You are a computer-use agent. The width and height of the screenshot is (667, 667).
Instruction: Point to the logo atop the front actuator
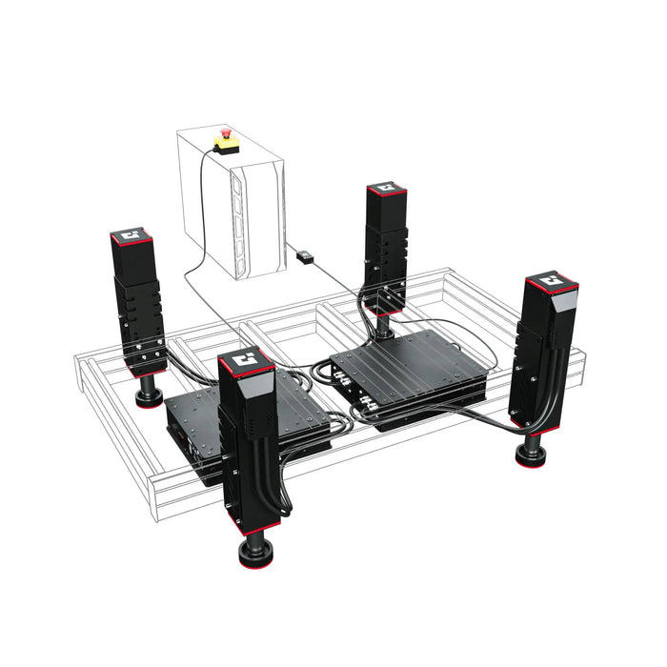coord(246,361)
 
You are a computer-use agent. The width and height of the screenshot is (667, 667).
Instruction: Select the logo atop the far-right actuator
coord(549,282)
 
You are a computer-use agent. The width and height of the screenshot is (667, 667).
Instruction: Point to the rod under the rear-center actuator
coord(385,326)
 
